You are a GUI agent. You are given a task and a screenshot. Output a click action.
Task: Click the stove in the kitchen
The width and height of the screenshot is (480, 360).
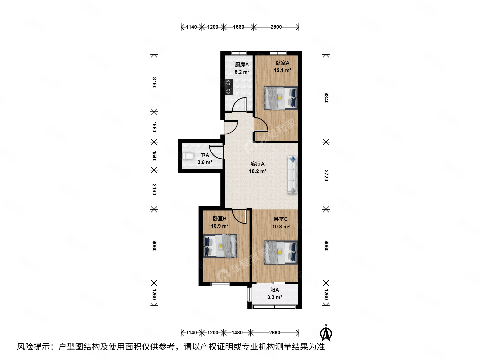click(x=229, y=87)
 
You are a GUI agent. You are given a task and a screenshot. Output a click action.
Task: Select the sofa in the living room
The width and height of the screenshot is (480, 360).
click(x=292, y=175)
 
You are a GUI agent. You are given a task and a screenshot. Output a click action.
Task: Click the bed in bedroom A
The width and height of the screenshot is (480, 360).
click(x=280, y=98)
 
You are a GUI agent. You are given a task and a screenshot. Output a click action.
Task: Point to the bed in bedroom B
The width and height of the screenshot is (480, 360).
click(x=220, y=246)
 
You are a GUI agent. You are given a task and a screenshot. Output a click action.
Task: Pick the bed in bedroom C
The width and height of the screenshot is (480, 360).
click(x=280, y=252)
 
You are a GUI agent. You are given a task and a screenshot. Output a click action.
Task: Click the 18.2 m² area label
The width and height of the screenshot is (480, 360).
click(x=258, y=171)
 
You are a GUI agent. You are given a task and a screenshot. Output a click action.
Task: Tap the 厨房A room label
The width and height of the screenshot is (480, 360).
click(x=242, y=64)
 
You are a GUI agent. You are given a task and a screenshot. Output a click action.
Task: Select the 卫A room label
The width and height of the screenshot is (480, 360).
click(x=205, y=155)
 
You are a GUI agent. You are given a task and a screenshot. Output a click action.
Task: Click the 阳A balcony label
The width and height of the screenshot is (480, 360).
click(x=275, y=290)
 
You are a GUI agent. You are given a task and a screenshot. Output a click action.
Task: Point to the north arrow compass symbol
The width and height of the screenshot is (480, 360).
click(x=326, y=333)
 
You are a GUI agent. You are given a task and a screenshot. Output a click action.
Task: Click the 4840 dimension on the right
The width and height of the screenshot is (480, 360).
click(x=326, y=98)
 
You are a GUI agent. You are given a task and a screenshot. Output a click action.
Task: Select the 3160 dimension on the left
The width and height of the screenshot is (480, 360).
click(x=154, y=83)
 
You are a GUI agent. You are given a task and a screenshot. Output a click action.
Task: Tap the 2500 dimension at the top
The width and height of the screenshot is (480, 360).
click(x=276, y=27)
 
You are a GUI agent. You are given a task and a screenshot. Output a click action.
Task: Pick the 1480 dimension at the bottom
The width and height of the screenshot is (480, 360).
click(x=237, y=332)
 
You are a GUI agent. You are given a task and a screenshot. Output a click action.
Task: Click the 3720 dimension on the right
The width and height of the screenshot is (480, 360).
click(x=326, y=175)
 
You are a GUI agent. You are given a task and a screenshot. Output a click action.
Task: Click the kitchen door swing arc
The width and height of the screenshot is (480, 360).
click(x=239, y=104)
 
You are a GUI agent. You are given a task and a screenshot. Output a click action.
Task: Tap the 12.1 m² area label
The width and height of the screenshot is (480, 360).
click(x=282, y=70)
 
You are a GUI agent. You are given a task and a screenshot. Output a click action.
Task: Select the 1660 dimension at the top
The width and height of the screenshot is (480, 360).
click(x=238, y=27)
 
